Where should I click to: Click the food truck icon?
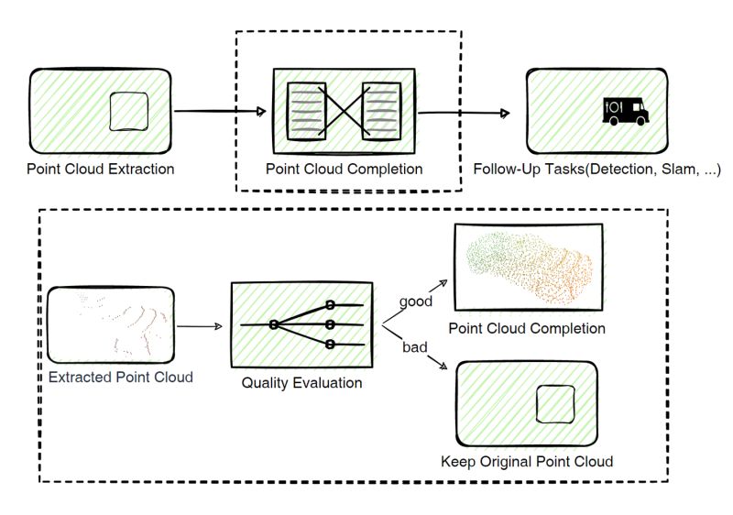tap(625, 111)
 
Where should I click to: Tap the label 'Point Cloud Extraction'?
tap(101, 169)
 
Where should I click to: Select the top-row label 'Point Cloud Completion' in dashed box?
tap(344, 169)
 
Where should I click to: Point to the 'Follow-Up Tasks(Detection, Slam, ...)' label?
tap(596, 169)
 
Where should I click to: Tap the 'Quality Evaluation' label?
tap(301, 381)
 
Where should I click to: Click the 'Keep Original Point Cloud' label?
tap(527, 460)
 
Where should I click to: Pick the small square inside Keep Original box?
tap(555, 403)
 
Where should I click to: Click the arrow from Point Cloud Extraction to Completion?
tap(220, 111)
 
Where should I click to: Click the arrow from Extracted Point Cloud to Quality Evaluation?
tap(199, 325)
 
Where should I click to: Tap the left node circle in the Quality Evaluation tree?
tap(273, 324)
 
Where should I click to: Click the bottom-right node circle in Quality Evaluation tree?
tap(327, 344)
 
